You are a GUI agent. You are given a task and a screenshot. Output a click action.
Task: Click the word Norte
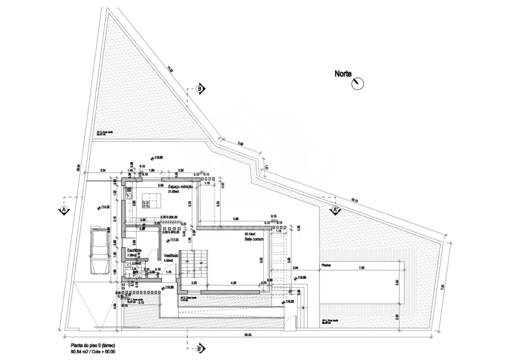tap(343, 74)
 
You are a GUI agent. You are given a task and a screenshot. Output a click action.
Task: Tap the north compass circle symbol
tap(358, 83)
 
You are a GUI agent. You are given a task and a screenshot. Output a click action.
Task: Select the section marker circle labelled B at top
tap(199, 89)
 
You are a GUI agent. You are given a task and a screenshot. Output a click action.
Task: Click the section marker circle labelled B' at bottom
tap(199, 348)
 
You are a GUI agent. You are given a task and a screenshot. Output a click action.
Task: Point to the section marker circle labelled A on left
tap(63, 210)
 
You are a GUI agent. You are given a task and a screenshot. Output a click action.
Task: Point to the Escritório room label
tap(134, 249)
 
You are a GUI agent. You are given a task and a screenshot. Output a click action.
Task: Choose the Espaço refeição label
tap(180, 186)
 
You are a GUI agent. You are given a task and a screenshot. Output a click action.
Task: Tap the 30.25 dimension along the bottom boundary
tap(247, 335)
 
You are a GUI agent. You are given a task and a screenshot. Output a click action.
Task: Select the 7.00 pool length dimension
tap(361, 268)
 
